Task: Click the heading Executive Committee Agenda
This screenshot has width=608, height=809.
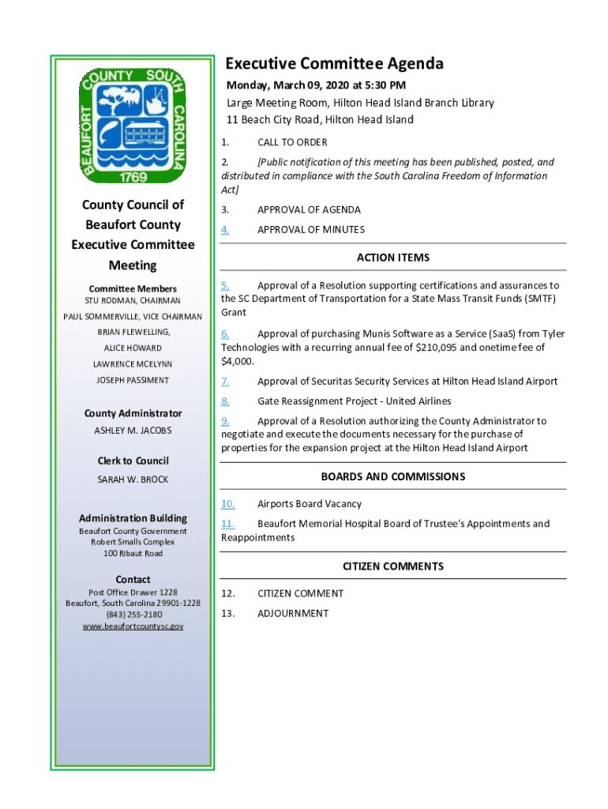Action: click(335, 64)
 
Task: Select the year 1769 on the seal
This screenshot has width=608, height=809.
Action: click(133, 177)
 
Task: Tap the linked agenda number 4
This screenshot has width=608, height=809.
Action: click(225, 230)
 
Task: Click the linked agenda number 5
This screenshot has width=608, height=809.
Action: click(225, 285)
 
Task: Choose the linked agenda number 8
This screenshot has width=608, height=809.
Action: click(225, 401)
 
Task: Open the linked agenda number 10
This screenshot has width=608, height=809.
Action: click(227, 504)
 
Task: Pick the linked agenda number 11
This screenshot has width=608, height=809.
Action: click(227, 524)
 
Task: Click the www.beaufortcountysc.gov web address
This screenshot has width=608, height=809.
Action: click(133, 627)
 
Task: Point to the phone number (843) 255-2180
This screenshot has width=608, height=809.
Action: click(133, 615)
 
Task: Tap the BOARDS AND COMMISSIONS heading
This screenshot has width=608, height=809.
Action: click(393, 477)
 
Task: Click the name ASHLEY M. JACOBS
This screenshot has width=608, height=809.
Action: click(133, 431)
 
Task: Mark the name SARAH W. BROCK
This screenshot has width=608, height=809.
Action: click(133, 480)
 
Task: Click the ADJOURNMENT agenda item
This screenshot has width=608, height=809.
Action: click(293, 614)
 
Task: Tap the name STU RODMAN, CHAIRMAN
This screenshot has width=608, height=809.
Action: click(133, 301)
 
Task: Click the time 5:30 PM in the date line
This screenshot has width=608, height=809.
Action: click(384, 85)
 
